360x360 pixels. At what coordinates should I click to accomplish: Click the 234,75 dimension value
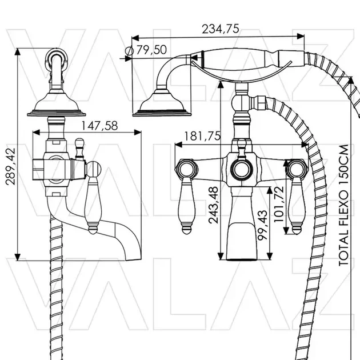[221, 29]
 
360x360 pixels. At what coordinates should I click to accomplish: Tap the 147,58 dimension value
[99, 126]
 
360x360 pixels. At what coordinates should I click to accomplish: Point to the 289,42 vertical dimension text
[10, 166]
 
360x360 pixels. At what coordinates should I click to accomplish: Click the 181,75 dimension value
[202, 136]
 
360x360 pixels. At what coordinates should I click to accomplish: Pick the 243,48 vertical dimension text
[213, 205]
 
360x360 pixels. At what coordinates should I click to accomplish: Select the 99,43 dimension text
[262, 225]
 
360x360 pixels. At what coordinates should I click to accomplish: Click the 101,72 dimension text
[279, 204]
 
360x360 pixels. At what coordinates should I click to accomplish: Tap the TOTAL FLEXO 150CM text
[343, 205]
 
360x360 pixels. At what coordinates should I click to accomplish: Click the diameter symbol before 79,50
[130, 51]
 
